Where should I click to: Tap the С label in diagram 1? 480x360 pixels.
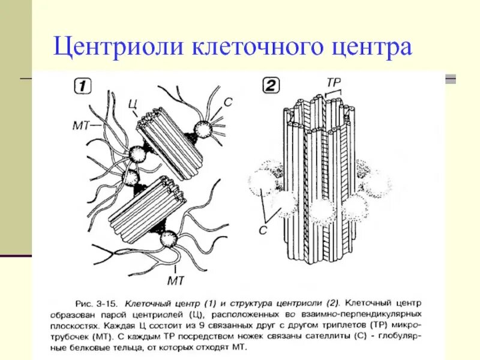coord(227,102)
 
